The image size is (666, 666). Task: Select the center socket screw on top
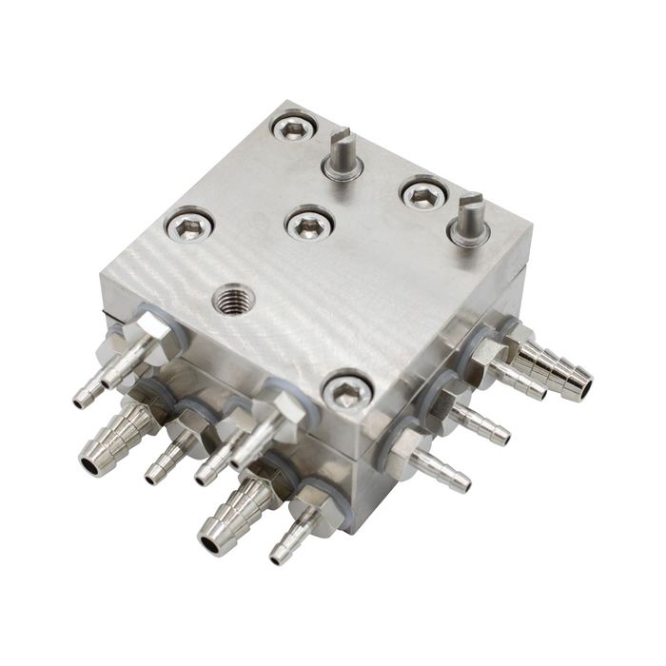(x=308, y=225)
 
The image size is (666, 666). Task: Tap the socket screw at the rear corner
(x=293, y=127)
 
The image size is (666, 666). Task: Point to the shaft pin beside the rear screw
(x=343, y=157)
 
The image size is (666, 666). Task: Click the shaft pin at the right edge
(x=470, y=219)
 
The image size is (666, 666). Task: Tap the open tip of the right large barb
(x=579, y=387)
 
